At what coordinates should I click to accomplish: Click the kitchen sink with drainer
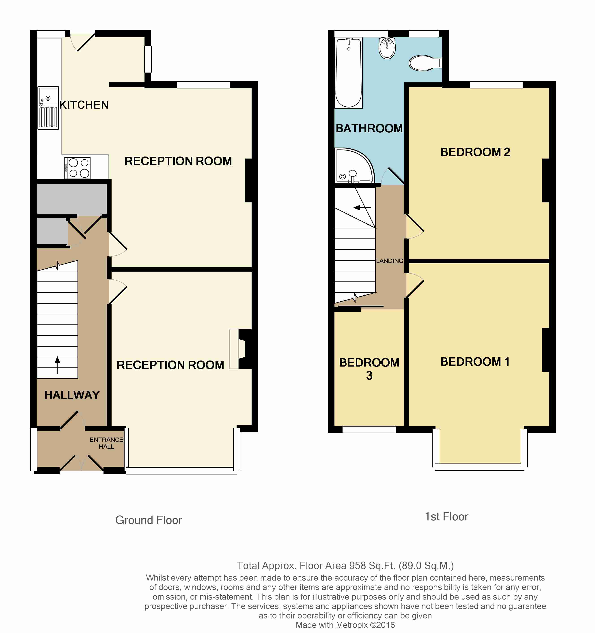48,108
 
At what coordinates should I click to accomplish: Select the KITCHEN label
84,105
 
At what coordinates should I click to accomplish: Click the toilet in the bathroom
424,63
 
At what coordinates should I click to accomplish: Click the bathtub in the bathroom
348,73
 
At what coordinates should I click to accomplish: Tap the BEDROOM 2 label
475,152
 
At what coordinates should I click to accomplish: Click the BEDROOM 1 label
475,362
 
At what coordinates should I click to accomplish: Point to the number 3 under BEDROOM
369,376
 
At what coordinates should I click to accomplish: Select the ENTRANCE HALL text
106,443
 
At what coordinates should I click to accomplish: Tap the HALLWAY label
72,395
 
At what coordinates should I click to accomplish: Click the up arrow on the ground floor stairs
57,365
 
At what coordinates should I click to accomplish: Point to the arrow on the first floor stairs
362,208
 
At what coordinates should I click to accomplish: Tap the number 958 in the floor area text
358,566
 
